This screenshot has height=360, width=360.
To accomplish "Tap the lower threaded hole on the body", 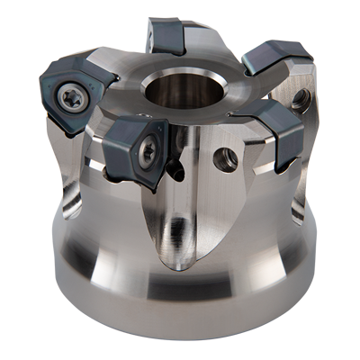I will click(229, 160).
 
